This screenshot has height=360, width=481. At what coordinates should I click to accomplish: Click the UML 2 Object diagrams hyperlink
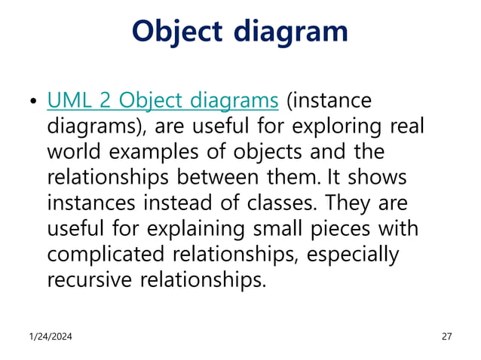click(163, 101)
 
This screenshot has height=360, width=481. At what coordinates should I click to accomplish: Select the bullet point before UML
click(32, 102)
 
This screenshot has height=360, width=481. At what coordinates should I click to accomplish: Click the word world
click(75, 151)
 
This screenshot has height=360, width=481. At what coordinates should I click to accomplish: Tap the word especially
click(354, 254)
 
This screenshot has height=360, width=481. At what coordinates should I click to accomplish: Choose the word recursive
click(90, 279)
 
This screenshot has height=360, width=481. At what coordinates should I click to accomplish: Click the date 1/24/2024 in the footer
click(52, 337)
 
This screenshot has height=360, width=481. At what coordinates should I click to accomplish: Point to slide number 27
click(446, 337)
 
